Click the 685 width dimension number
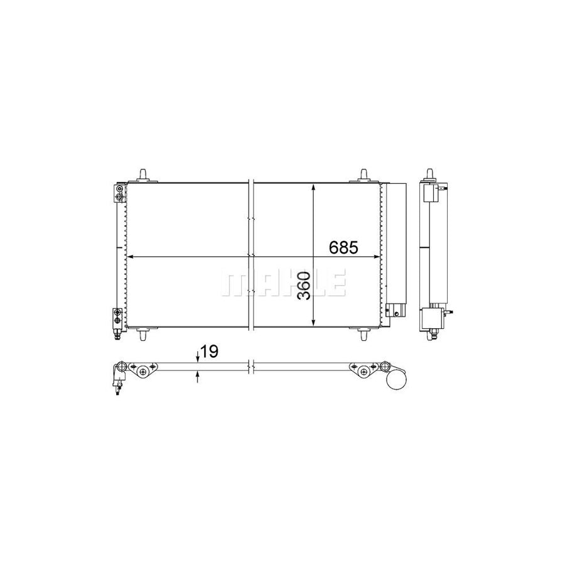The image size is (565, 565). tap(343, 248)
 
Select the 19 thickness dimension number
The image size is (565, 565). tap(210, 352)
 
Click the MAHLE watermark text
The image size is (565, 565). tap(282, 283)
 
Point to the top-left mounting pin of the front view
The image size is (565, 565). tap(144, 175)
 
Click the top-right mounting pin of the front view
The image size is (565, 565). tap(363, 175)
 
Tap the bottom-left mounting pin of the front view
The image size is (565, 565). tap(144, 334)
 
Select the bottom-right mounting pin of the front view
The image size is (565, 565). tap(363, 334)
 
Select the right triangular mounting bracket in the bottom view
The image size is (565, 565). tap(363, 371)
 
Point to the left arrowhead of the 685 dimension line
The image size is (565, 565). tap(131, 257)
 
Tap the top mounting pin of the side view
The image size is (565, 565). tap(431, 175)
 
